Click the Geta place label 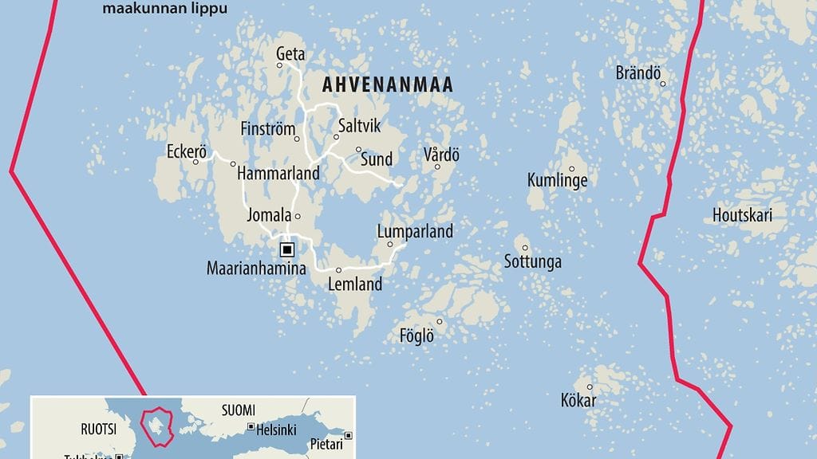pos(290,54)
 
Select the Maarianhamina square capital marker pos(286,249)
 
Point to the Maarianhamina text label pos(256,269)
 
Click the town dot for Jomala pos(298,216)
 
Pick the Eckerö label pos(187,151)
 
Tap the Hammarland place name pos(278,173)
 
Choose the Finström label pos(268,129)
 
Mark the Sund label pos(377,159)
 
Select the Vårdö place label pos(442,155)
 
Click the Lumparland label pos(414,232)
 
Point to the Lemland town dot pos(338,269)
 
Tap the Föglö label pos(416,336)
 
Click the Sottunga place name pos(533,261)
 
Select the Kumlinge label pos(557,181)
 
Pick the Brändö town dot pos(661,82)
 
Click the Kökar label pos(578,400)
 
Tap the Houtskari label pos(742,214)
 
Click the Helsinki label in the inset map pos(276,430)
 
